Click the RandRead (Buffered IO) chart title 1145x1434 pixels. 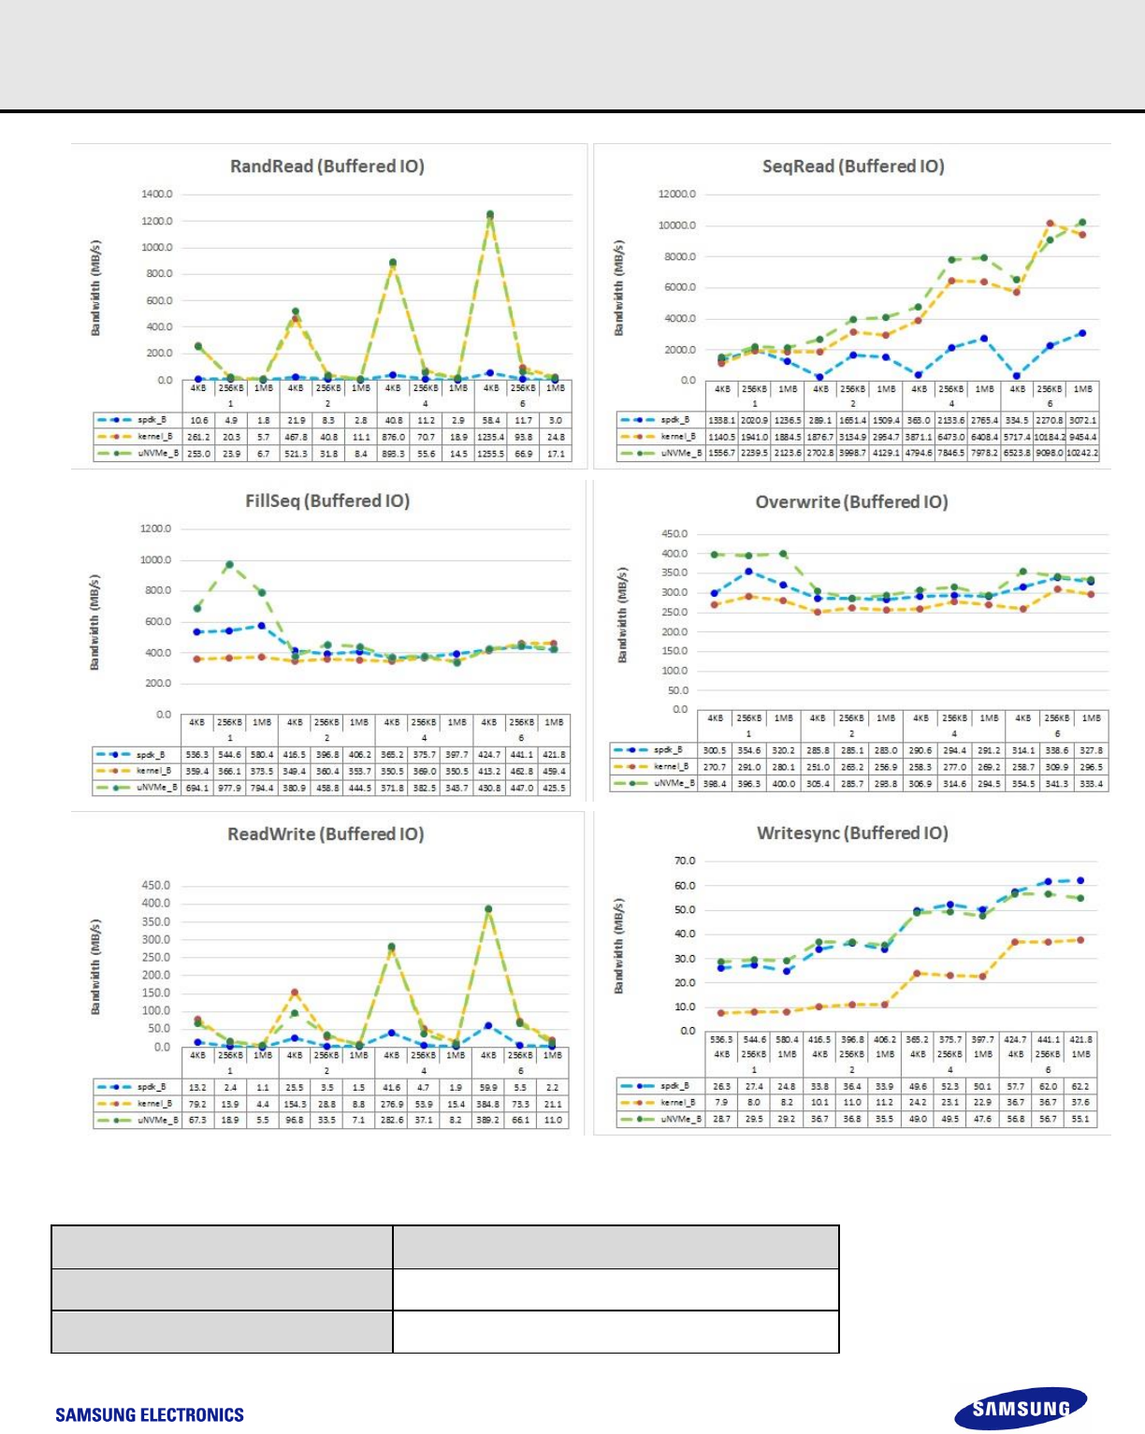[x=326, y=167]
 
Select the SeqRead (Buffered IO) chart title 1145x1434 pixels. [x=853, y=167]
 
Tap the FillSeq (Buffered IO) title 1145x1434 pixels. [x=327, y=501]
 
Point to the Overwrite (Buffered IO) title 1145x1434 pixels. [x=851, y=502]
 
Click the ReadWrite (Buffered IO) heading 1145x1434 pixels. [x=326, y=834]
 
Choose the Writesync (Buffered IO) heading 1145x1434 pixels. [x=852, y=833]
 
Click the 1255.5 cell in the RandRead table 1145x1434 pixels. [x=490, y=454]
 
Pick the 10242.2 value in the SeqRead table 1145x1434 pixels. [x=1082, y=453]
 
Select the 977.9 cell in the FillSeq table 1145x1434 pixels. [x=229, y=788]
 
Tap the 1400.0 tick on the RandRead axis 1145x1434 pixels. [x=157, y=195]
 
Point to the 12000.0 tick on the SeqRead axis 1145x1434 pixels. [x=677, y=195]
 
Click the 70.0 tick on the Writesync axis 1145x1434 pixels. [x=685, y=861]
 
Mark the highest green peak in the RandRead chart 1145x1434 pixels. [x=489, y=214]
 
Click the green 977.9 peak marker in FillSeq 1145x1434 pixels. [x=229, y=565]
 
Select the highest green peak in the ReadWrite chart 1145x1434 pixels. [x=488, y=908]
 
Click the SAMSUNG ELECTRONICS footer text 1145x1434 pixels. [x=150, y=1415]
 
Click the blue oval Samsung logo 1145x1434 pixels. [x=1021, y=1409]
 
